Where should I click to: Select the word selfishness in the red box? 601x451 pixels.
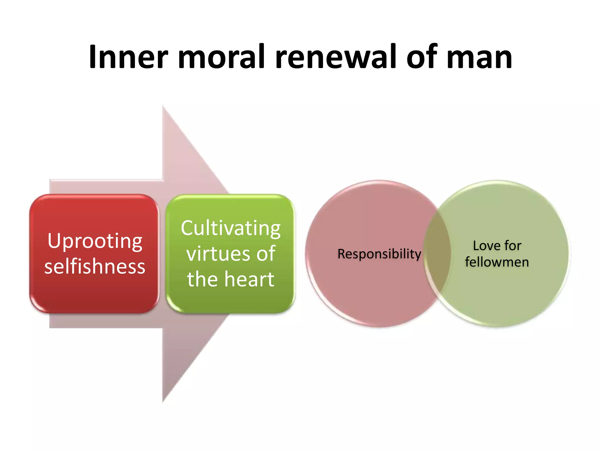95,266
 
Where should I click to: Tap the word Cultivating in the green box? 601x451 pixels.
231,228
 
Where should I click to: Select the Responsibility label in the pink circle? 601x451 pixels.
379,254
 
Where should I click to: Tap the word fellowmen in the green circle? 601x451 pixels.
497,262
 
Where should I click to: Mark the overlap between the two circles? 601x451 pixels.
437,254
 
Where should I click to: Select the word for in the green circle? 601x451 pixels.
513,245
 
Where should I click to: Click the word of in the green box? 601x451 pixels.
266,254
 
